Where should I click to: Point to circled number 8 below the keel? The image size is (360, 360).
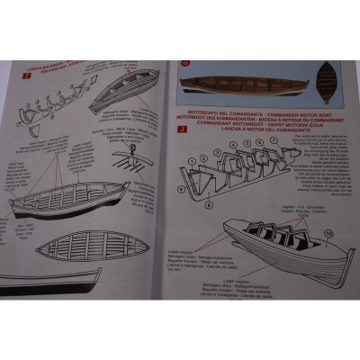pos(208,204)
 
